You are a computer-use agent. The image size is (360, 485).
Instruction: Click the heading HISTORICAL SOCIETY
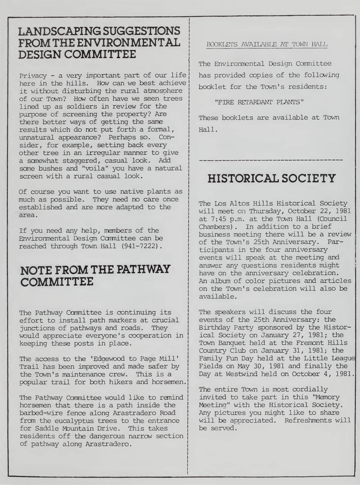(272, 179)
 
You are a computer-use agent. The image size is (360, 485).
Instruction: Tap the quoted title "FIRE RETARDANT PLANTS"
(259, 102)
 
